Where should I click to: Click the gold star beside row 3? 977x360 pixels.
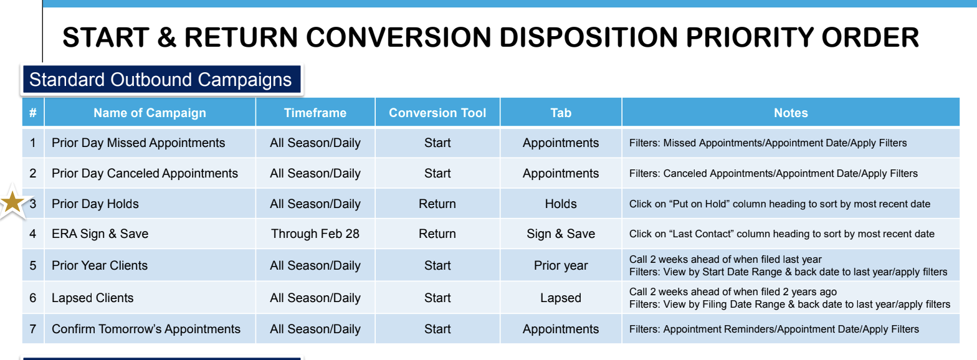12,202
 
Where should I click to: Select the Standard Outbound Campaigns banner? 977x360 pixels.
161,80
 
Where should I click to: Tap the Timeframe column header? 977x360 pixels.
315,113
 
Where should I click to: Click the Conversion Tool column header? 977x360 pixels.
437,113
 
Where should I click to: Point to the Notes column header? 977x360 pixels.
791,113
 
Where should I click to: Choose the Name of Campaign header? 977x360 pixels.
150,113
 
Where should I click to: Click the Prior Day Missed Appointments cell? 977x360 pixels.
138,143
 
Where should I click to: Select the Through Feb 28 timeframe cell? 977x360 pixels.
315,234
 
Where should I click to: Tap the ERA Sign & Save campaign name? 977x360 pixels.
100,234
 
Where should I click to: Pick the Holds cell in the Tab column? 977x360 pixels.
561,204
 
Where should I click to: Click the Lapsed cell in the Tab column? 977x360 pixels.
561,298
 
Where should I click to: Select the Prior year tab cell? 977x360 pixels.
561,265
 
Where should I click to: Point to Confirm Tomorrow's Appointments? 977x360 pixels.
146,329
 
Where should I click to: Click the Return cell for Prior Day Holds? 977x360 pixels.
437,204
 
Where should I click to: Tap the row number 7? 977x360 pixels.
32,329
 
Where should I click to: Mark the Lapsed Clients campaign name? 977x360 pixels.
92,298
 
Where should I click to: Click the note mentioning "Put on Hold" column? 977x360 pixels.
779,204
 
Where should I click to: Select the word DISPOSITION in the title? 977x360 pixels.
588,37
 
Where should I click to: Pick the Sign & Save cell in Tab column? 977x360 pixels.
561,234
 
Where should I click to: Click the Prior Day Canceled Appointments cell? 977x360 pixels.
145,174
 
